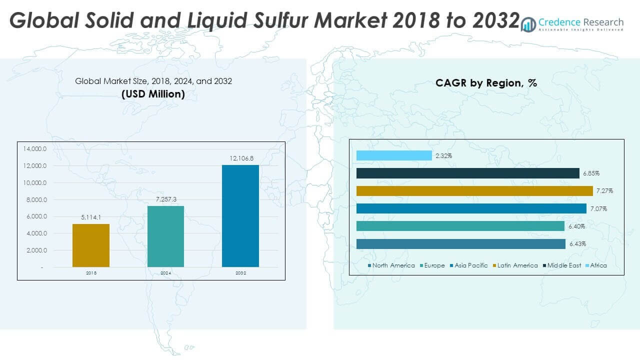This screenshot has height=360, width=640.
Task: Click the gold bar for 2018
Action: click(x=91, y=245)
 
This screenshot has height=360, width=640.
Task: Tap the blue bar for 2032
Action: click(x=240, y=215)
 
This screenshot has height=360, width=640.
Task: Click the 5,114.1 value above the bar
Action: click(x=91, y=217)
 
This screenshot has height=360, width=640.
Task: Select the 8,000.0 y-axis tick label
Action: click(x=34, y=200)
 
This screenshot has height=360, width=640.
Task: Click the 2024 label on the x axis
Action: click(x=165, y=273)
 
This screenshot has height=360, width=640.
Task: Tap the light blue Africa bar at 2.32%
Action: click(x=394, y=156)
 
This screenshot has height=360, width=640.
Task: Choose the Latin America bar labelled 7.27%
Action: click(x=474, y=191)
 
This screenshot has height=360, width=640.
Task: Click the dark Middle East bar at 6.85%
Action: click(x=467, y=173)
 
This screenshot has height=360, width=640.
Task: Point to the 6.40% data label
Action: click(x=576, y=226)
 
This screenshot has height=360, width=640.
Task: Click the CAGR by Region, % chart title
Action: click(x=486, y=83)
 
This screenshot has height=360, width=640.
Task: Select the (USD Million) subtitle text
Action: click(x=153, y=94)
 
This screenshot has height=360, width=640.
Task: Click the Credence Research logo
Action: click(x=572, y=23)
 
